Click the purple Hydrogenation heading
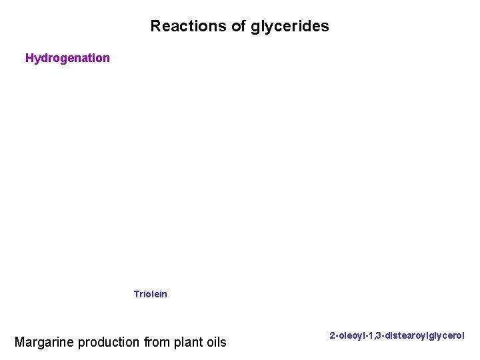click(x=67, y=58)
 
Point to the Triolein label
click(x=150, y=294)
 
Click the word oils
click(x=216, y=343)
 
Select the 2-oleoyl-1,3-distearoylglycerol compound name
click(x=397, y=336)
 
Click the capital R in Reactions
click(x=155, y=27)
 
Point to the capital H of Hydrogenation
click(x=29, y=58)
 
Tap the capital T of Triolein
click(x=136, y=294)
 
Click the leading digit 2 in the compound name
click(x=332, y=336)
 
